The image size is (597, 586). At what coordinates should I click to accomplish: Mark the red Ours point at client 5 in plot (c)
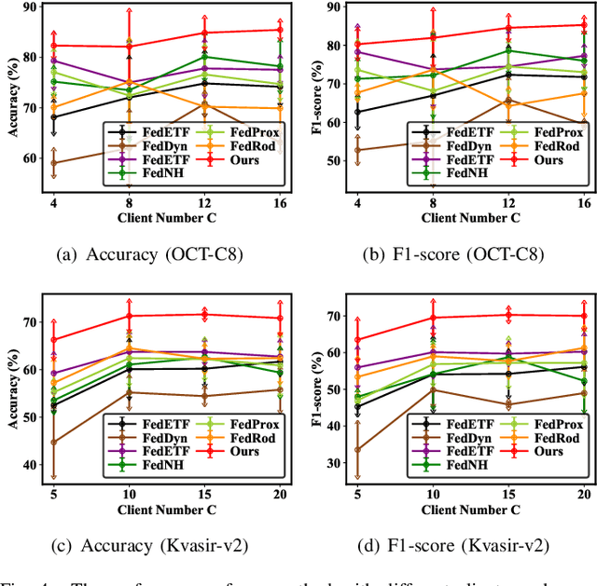tap(53, 340)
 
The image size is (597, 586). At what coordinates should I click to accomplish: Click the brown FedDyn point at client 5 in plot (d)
tap(357, 449)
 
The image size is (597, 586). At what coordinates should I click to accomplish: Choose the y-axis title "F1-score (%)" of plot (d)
tap(312, 386)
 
